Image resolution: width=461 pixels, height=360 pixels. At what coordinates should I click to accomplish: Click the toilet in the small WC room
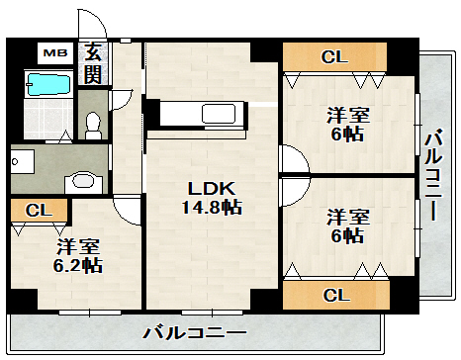point(93,123)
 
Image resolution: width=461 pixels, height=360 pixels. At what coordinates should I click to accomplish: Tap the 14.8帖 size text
point(212,208)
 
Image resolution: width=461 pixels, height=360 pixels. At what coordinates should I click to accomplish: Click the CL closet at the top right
point(333,57)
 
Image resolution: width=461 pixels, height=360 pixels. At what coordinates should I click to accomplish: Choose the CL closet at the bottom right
point(333,294)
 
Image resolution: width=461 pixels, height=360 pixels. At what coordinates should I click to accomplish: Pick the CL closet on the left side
point(39,210)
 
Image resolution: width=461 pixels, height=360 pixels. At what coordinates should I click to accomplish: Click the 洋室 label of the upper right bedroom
point(347,115)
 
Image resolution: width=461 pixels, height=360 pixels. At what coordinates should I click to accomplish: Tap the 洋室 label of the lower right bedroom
point(347,217)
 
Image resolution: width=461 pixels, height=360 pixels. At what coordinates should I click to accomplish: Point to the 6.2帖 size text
point(78,265)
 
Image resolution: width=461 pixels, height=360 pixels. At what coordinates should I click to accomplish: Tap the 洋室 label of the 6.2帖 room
point(77,245)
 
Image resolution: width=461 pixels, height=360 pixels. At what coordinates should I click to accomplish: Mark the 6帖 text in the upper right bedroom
point(347,135)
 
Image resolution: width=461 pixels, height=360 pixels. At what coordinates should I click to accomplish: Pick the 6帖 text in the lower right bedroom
point(347,236)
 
